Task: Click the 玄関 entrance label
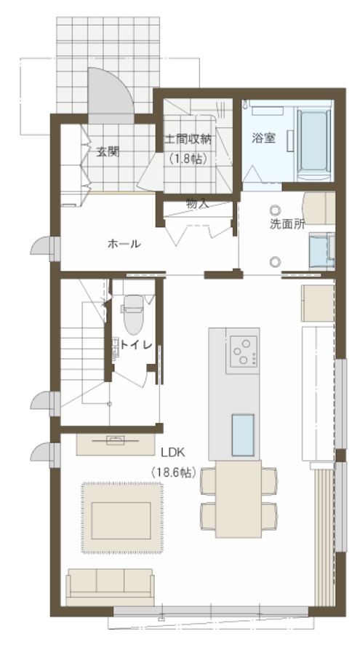coord(108,152)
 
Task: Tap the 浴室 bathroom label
coord(263,138)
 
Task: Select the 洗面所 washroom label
coord(287,224)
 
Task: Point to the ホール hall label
coord(124,244)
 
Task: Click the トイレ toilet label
coord(135,345)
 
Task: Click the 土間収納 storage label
coord(188,139)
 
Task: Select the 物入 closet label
coord(198,205)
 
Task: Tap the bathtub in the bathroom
coord(314,140)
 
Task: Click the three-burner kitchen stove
coord(242,351)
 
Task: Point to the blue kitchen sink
coord(243,435)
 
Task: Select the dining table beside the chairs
coord(239,499)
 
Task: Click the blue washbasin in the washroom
coord(321,250)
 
